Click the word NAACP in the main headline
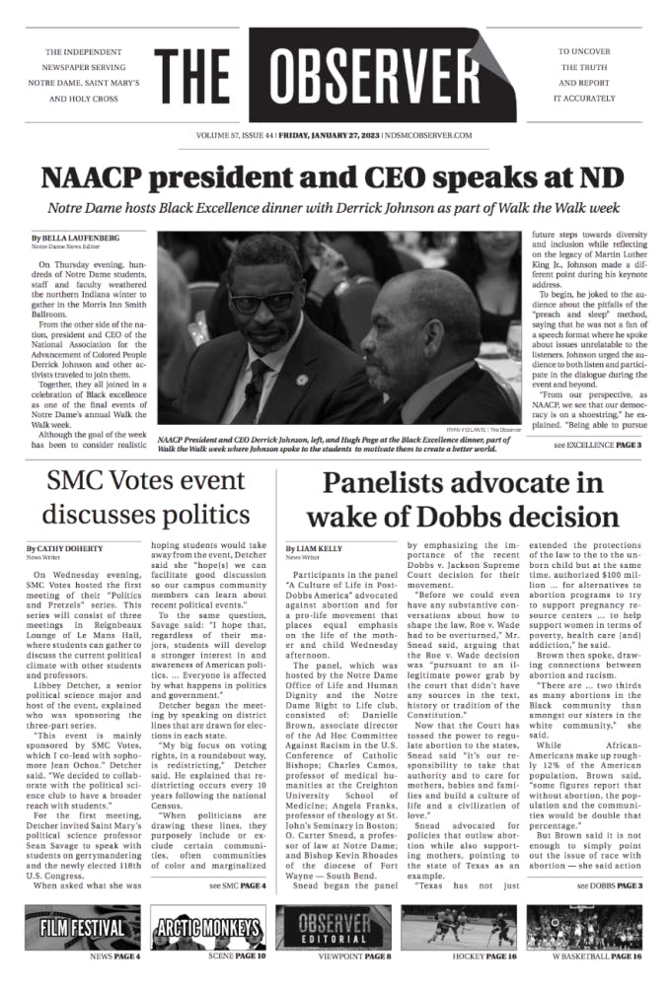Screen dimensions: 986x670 click(91, 177)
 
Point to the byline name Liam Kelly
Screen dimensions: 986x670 click(321, 548)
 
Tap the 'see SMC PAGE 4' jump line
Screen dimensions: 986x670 click(238, 886)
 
